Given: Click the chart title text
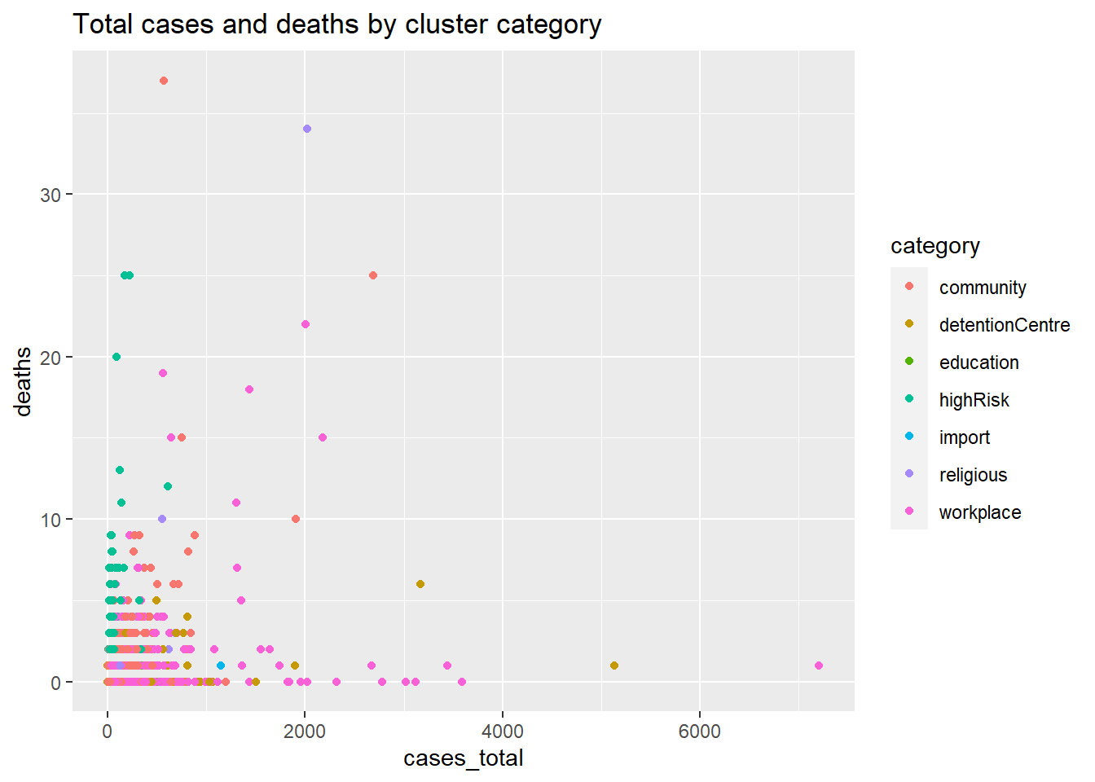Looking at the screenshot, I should coord(337,24).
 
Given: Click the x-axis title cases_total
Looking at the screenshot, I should coord(463,758).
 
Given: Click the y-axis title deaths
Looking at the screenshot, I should coord(23,381).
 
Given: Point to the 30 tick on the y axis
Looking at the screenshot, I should coord(51,195).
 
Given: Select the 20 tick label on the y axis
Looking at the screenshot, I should coord(51,358).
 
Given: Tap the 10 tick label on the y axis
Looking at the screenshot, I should coord(51,520).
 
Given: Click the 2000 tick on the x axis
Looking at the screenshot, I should coord(305,731).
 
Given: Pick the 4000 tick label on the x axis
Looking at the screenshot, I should coord(502,731).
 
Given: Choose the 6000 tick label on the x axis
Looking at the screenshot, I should coord(699,731).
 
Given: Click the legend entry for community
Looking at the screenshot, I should coord(982,288).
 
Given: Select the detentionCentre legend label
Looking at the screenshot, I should coord(1004,325).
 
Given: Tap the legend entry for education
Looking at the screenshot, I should coord(978,362).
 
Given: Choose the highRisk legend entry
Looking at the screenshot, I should coord(974,400).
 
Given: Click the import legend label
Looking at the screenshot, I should coord(964,437).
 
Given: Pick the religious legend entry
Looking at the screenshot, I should coord(973,475).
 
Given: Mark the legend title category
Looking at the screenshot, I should coord(934,246).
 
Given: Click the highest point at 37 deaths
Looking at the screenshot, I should coord(164,81).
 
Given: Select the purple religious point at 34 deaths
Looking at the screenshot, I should coord(307,129).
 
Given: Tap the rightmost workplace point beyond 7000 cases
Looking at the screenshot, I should coord(819,666).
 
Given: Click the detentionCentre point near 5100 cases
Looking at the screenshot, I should coord(614,666).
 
